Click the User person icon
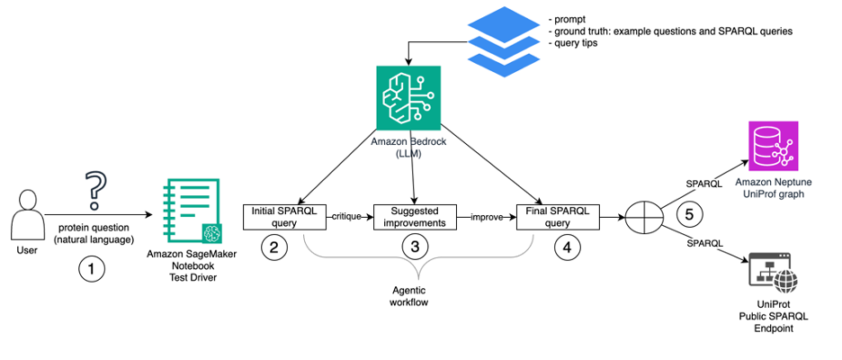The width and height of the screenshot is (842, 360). click(x=28, y=216)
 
